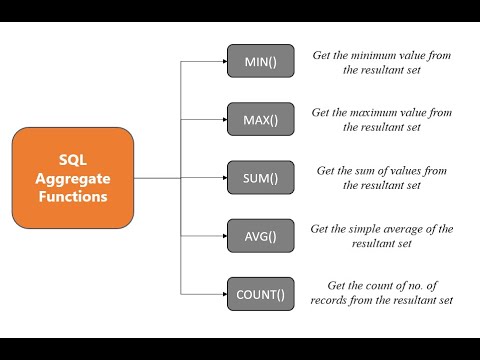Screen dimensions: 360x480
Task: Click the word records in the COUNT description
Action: click(x=336, y=300)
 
